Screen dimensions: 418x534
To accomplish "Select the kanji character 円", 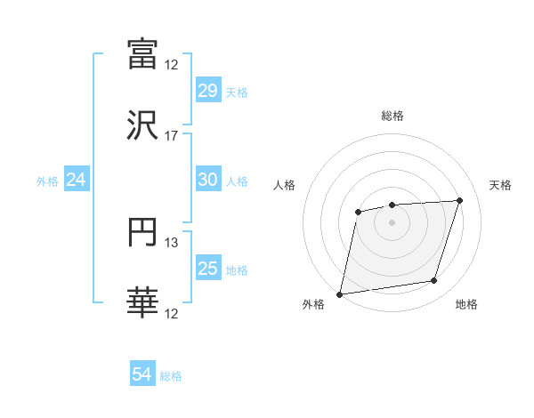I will pyautogui.click(x=143, y=232).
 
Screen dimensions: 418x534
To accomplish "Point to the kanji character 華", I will pyautogui.click(x=143, y=303).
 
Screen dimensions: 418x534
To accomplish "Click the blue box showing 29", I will pyautogui.click(x=207, y=91).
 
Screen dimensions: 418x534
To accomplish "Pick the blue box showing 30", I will pyautogui.click(x=207, y=180).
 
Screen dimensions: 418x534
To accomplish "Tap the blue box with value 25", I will pyautogui.click(x=207, y=269).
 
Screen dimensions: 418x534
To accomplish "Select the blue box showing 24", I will pyautogui.click(x=77, y=180).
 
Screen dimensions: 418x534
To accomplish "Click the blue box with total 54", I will pyautogui.click(x=142, y=374).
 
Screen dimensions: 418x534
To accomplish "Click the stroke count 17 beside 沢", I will pyautogui.click(x=172, y=136).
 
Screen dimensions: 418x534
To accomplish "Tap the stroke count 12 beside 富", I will pyautogui.click(x=172, y=64).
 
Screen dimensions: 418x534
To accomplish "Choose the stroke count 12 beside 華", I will pyautogui.click(x=172, y=314).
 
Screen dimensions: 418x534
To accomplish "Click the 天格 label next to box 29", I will pyautogui.click(x=237, y=92).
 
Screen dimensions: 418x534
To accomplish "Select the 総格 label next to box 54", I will pyautogui.click(x=171, y=376).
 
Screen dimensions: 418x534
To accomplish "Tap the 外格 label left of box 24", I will pyautogui.click(x=47, y=181).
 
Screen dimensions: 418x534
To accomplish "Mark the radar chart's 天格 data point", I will pyautogui.click(x=460, y=200).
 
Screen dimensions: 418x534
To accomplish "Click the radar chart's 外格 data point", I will pyautogui.click(x=340, y=294).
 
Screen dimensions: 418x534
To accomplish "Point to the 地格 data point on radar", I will pyautogui.click(x=434, y=281).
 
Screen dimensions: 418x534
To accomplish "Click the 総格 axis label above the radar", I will pyautogui.click(x=392, y=116).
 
